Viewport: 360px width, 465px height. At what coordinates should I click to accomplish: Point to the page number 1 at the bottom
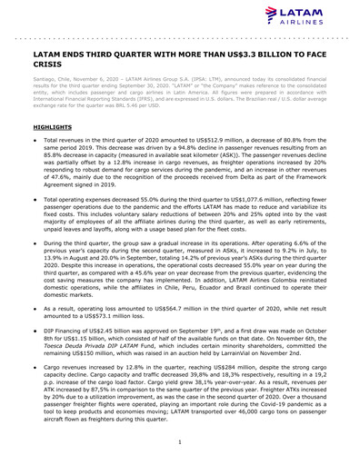tap(180, 441)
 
